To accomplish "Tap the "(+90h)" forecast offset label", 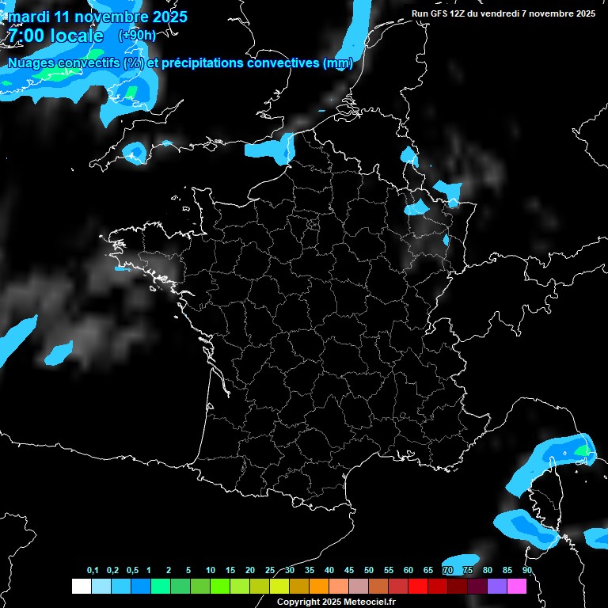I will (136, 36).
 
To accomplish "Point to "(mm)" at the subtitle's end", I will (338, 63).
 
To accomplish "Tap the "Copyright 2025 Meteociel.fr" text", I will (336, 602).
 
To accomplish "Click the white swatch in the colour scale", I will (81, 586).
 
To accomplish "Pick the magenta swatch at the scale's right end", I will (517, 586).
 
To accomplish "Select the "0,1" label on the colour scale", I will (93, 571).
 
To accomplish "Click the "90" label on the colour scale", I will (526, 571).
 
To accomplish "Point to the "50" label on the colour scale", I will (369, 571).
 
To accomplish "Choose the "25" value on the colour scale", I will (270, 571).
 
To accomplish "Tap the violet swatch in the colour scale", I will (497, 586).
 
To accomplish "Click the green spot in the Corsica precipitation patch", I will (583, 450).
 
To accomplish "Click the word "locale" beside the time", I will (77, 36).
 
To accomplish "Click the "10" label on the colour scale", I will (211, 571).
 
